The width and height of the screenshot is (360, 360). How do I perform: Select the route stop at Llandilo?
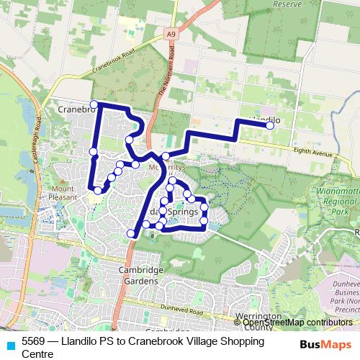point(270,125)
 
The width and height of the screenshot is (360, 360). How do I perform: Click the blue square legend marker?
point(10,343)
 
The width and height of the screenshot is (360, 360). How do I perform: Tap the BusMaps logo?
point(325,343)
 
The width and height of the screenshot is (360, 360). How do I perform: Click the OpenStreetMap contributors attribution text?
point(297,323)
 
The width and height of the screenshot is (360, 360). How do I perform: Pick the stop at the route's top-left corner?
point(94,104)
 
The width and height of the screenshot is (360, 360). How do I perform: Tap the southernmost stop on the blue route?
point(131,233)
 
